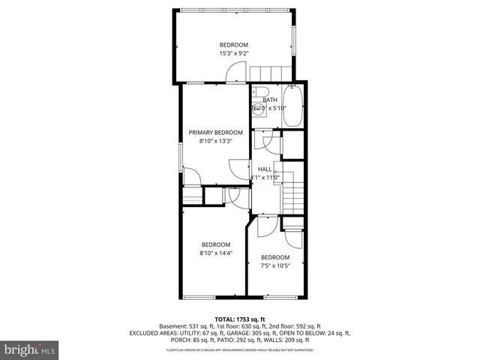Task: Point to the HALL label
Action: [265, 169]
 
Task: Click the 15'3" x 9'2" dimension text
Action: [233, 53]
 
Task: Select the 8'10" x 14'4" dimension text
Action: [216, 253]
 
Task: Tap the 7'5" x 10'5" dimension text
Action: [275, 265]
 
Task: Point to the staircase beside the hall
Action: [292, 196]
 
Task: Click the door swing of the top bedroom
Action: [235, 72]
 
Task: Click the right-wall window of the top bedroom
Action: [294, 42]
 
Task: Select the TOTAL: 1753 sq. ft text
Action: [240, 319]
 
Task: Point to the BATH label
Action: [270, 100]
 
